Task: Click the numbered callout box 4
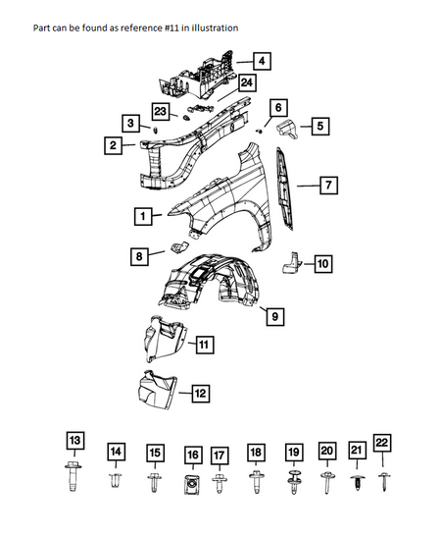coord(262,61)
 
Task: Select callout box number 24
coord(247,83)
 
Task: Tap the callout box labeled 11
coord(204,345)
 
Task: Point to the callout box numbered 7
coord(328,186)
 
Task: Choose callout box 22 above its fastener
coord(382,443)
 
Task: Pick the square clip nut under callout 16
coord(192,484)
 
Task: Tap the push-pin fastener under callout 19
coord(294,482)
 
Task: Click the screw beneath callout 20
coord(327,482)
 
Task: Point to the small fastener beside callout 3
coord(155,130)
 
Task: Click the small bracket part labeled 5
coord(287,130)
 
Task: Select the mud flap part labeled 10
coord(291,262)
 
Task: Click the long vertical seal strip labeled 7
coord(284,188)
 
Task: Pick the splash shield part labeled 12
coord(157,390)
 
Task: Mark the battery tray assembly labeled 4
coord(198,77)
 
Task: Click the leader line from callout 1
coord(158,215)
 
